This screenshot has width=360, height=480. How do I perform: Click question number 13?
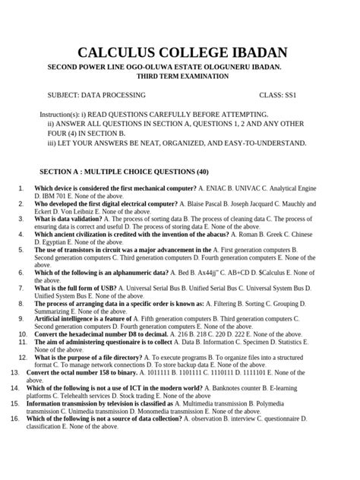pyautogui.click(x=14, y=372)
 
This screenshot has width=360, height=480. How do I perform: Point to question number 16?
pyautogui.click(x=14, y=419)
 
